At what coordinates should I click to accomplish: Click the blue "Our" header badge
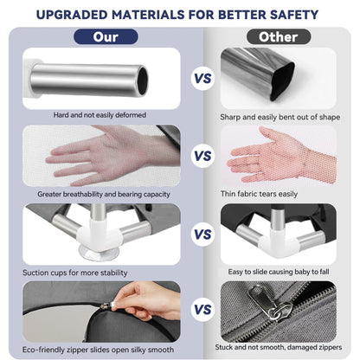pyautogui.click(x=106, y=37)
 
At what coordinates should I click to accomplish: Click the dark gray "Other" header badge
pyautogui.click(x=279, y=37)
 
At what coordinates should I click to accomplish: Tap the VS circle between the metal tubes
pyautogui.click(x=202, y=79)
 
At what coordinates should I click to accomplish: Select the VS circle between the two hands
pyautogui.click(x=202, y=156)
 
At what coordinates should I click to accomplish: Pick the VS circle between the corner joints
pyautogui.click(x=202, y=235)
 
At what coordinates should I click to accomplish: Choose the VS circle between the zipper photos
pyautogui.click(x=202, y=310)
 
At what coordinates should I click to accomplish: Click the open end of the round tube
pyautogui.click(x=143, y=80)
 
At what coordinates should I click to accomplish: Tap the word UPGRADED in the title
pyautogui.click(x=72, y=15)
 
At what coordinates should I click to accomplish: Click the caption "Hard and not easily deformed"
pyautogui.click(x=100, y=115)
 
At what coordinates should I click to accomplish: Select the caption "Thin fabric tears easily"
pyautogui.click(x=259, y=194)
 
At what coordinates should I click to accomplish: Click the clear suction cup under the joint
pyautogui.click(x=99, y=253)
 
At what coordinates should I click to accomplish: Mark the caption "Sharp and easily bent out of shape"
pyautogui.click(x=280, y=117)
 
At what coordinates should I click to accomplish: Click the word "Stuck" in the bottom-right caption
pyautogui.click(x=224, y=347)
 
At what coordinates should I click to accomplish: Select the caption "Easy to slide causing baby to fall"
pyautogui.click(x=279, y=272)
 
